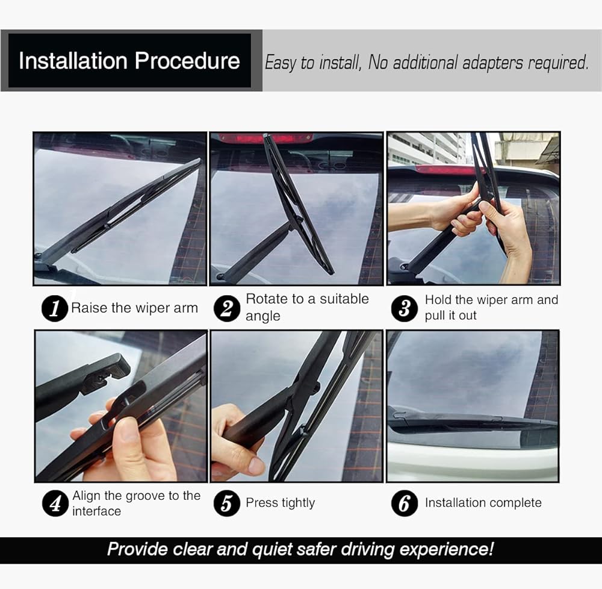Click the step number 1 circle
(55, 308)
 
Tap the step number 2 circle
(227, 308)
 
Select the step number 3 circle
(405, 308)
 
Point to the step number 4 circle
(55, 503)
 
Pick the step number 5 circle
(227, 503)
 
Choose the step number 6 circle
(405, 503)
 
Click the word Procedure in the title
(187, 61)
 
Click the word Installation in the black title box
(73, 61)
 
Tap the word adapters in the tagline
(492, 63)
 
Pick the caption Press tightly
(281, 503)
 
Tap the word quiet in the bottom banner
(272, 549)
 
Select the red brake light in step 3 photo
(445, 170)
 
